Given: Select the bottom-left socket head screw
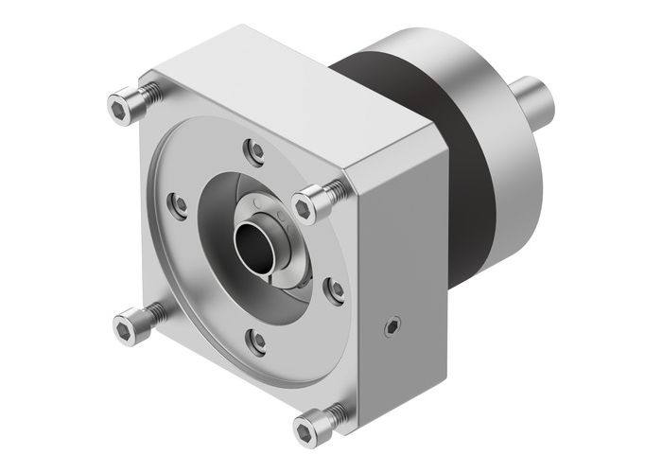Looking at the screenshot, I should click(128, 327).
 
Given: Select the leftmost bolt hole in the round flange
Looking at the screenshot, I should click(174, 201).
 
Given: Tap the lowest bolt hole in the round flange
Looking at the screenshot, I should click(253, 336).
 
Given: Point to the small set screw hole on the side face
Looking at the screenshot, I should click(388, 328).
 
